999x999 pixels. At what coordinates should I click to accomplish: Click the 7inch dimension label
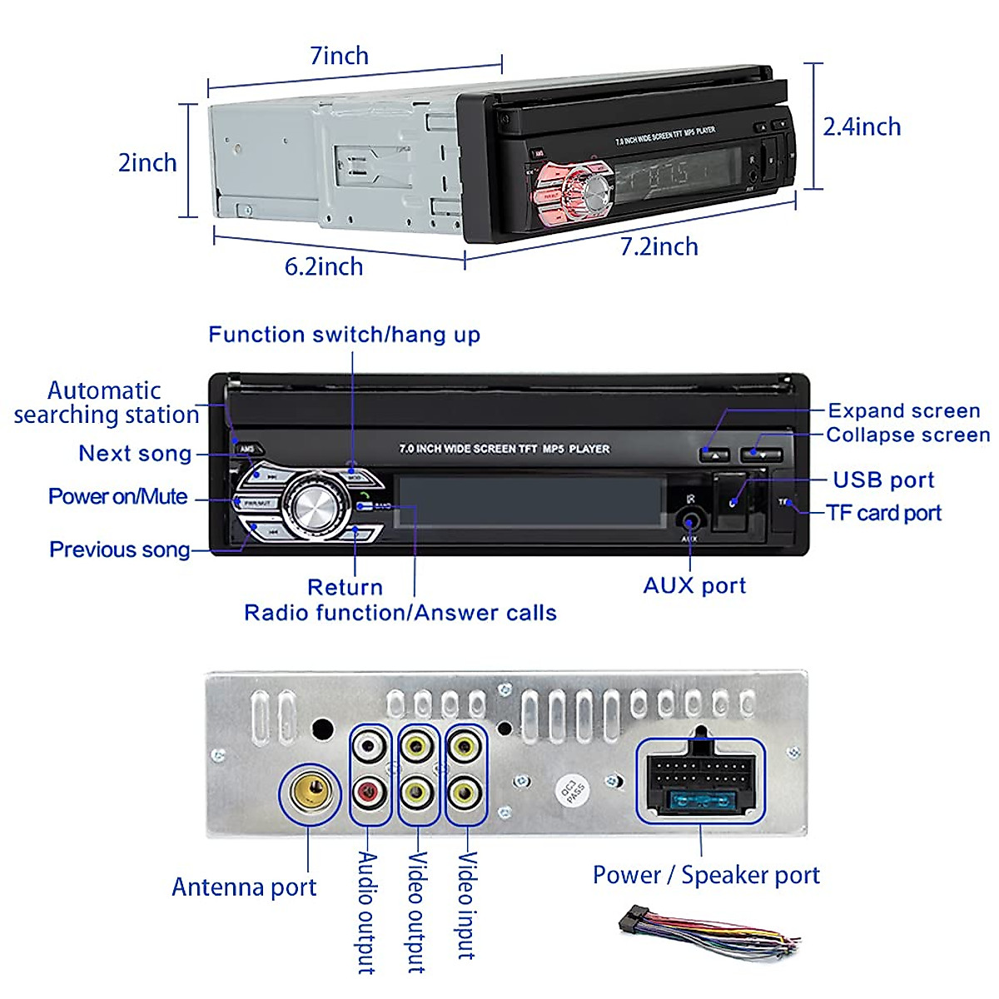tap(339, 56)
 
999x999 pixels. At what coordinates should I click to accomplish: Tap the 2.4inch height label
tap(862, 127)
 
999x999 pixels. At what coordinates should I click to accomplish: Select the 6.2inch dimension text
tap(324, 266)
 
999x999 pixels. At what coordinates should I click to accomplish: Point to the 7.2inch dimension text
tap(659, 246)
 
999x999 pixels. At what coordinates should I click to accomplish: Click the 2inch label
tap(147, 162)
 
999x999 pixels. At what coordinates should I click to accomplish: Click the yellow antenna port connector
tap(311, 793)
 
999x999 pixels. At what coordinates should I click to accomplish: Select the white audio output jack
tap(369, 745)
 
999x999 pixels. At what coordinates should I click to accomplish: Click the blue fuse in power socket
tap(700, 802)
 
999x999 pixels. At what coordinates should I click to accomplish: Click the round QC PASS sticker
tap(574, 790)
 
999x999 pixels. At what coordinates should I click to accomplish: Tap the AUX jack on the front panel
tap(690, 522)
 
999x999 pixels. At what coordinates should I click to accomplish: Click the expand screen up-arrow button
tap(714, 455)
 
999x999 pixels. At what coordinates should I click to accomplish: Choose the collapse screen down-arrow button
tap(761, 455)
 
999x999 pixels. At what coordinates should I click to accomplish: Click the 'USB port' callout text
tap(883, 480)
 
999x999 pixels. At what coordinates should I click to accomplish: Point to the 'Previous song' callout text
tap(120, 549)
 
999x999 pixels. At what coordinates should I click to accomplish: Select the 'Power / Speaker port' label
tap(706, 875)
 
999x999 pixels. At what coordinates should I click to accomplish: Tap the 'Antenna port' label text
tap(244, 887)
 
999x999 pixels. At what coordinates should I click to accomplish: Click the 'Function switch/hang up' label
tap(344, 335)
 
